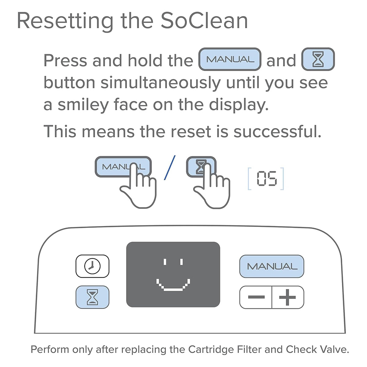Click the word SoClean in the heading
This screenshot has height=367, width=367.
[x=204, y=21]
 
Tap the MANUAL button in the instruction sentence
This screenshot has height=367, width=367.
[x=230, y=59]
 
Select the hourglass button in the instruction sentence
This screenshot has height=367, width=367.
[x=318, y=59]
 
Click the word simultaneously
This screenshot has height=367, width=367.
[x=160, y=83]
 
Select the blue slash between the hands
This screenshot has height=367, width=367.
[x=170, y=168]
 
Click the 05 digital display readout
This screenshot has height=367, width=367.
[x=266, y=179]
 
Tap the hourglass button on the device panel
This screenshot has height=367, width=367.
[x=92, y=297]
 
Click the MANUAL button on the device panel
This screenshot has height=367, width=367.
[x=272, y=266]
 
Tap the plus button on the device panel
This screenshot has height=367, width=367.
[x=287, y=297]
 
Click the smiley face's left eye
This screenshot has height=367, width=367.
[x=165, y=262]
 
